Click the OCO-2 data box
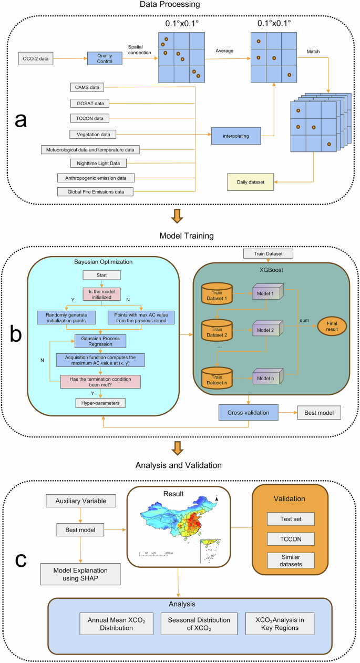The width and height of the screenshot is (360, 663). (x=36, y=58)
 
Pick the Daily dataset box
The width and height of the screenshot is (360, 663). (x=250, y=182)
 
